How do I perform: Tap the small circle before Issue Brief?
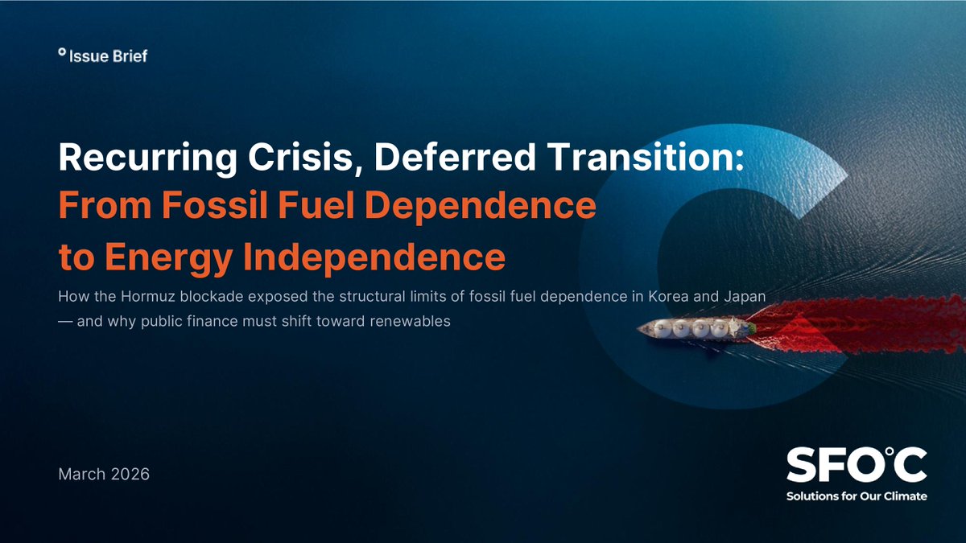[x=62, y=52]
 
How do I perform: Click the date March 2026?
[x=104, y=474]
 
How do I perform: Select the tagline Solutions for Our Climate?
[x=856, y=496]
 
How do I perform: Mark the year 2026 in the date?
[x=126, y=474]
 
